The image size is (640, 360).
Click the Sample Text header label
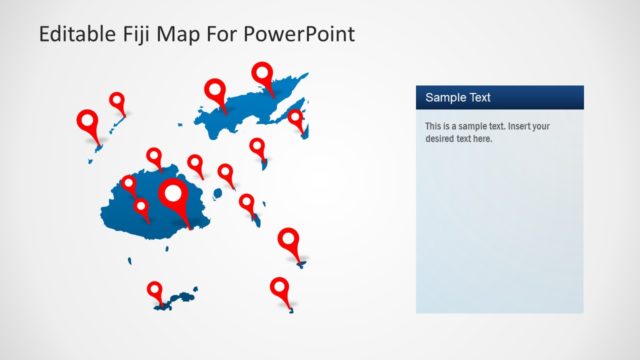click(x=457, y=97)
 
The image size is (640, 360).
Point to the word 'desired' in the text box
click(x=444, y=139)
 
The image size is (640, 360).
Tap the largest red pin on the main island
click(x=175, y=194)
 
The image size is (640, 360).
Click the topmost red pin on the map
click(x=262, y=73)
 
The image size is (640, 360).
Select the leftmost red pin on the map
click(x=88, y=123)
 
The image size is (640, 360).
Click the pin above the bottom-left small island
click(x=154, y=290)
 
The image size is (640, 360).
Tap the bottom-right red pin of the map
click(x=280, y=288)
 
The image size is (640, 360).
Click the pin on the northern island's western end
click(x=215, y=91)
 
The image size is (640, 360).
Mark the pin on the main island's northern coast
click(x=154, y=156)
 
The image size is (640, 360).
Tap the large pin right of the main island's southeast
click(x=289, y=240)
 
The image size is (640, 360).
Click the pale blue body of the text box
click(x=499, y=230)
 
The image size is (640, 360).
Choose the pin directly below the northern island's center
click(x=257, y=147)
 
